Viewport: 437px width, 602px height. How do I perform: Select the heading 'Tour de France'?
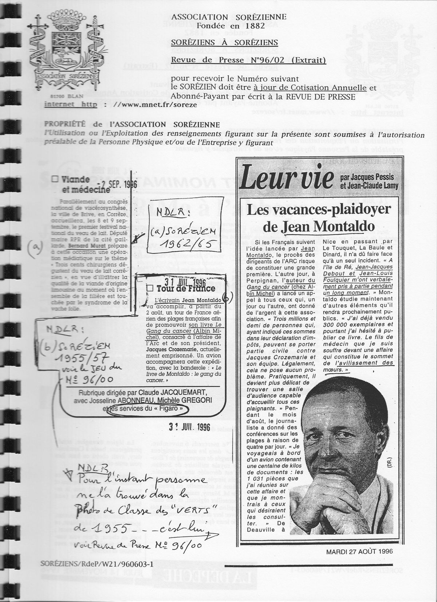(185, 289)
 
